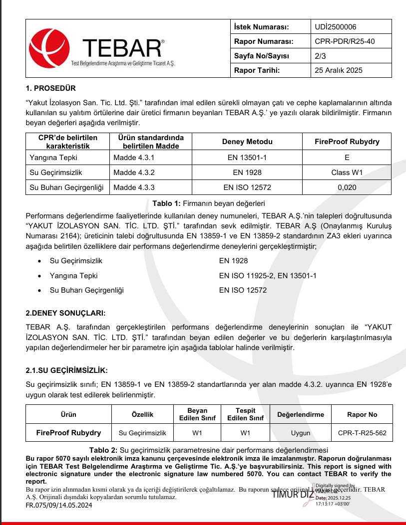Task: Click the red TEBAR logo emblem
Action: tap(49, 48)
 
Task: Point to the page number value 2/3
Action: tap(321, 56)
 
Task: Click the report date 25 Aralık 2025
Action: tap(339, 70)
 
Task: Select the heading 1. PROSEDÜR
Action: tap(51, 88)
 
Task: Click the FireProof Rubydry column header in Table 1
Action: tap(347, 142)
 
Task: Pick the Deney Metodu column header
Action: tap(246, 142)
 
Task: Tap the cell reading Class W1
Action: tap(347, 173)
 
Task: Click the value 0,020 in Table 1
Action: tap(347, 187)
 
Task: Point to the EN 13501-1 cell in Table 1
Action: tap(247, 158)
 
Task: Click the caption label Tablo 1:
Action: tap(167, 203)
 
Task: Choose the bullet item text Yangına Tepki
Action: tap(73, 275)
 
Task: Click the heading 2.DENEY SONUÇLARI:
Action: tap(65, 313)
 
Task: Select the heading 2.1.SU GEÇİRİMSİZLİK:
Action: tap(66, 370)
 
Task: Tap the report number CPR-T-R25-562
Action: tap(362, 433)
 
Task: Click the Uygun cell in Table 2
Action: tap(301, 433)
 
